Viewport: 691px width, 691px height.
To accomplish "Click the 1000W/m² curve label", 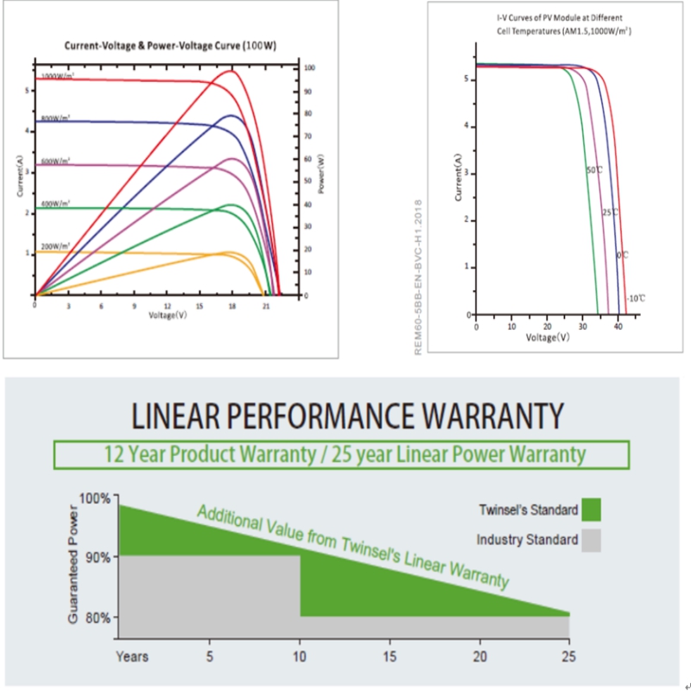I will coord(55,76).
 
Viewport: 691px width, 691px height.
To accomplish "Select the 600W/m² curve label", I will coord(55,161).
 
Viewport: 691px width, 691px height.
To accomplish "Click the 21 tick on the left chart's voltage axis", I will coord(267,306).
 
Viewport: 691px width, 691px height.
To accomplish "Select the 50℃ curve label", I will coord(593,170).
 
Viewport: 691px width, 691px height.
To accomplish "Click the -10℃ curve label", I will coord(637,297).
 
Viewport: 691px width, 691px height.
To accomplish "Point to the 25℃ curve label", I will coord(609,212).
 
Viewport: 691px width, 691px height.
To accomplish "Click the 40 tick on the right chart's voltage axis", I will coord(618,326).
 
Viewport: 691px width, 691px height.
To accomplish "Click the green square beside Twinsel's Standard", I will coord(591,510).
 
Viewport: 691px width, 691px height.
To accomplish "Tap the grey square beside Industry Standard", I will coord(591,541).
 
